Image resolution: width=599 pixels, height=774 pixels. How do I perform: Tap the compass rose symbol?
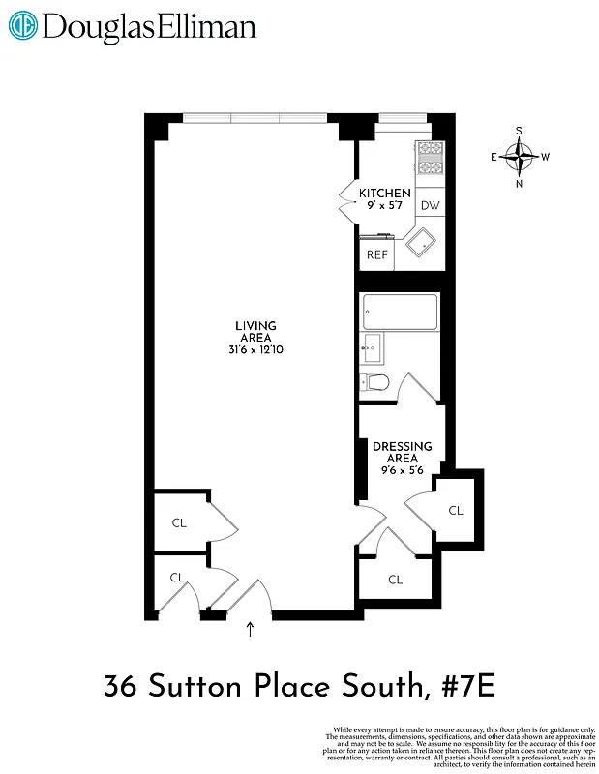pos(520,156)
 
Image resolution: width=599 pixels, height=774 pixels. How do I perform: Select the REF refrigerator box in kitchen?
pos(376,254)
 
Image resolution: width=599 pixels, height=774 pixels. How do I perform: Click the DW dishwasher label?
pos(431,205)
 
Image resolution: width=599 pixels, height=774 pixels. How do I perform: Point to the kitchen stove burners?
pos(430,159)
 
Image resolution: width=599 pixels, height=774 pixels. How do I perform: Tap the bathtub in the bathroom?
pos(399,312)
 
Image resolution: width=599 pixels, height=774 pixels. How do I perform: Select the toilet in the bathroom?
pos(374,384)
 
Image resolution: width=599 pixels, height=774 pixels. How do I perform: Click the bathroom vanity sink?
pos(373,347)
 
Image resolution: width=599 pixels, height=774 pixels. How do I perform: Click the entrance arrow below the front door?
pos(251,631)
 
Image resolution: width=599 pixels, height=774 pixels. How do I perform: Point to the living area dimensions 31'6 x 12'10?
pos(255,349)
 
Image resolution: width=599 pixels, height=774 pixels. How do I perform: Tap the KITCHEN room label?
pos(385,193)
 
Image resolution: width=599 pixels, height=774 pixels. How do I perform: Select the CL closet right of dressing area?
pos(455,510)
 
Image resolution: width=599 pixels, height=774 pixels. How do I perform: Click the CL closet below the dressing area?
pos(395,580)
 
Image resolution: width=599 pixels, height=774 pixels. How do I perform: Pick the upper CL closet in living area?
pos(179,522)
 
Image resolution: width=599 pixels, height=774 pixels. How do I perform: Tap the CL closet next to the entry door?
pos(177,578)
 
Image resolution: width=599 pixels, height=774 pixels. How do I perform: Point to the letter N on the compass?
pos(520,183)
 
